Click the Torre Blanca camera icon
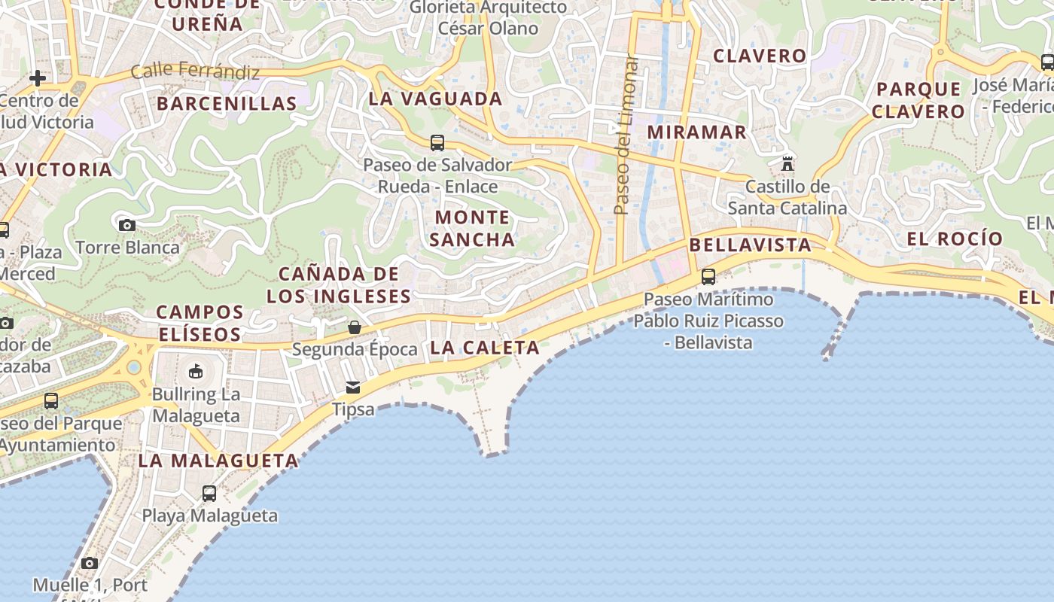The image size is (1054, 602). pos(127,225)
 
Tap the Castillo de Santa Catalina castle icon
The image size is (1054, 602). pos(787,163)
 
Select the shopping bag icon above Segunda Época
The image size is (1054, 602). pos(355,327)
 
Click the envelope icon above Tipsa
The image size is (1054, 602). pos(352,388)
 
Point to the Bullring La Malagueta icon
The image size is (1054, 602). pos(196,371)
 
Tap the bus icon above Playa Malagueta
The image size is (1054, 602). pos(209,494)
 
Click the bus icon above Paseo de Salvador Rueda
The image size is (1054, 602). pos(437,142)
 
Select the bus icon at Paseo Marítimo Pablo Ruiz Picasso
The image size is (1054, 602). pos(708,276)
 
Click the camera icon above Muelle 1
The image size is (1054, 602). pos(90,563)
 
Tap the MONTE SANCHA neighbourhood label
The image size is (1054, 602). pos(473,228)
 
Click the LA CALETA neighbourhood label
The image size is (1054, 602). pos(485,348)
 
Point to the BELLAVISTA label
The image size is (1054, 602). pos(750,245)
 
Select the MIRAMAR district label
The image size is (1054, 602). pos(697,132)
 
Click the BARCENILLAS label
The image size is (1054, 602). pos(227,104)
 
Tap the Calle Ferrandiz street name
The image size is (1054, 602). pos(195,72)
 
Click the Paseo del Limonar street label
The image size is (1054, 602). pos(624,135)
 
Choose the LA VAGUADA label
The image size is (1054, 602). pos(435,99)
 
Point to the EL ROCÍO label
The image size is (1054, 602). pos(955,239)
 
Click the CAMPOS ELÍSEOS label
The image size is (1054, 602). pos(200,323)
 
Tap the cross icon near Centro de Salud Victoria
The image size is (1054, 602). pos(37,78)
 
